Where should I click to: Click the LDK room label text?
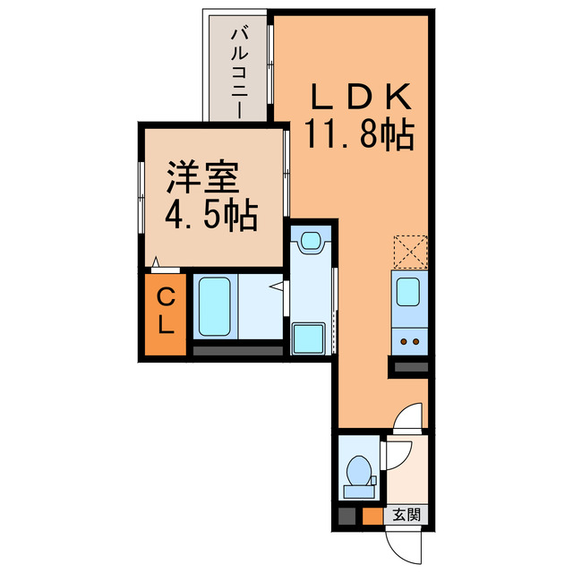(x=359, y=96)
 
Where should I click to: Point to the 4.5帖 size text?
(x=210, y=215)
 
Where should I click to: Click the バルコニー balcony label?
(x=239, y=71)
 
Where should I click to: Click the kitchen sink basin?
(x=407, y=291)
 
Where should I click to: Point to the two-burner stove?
(x=410, y=341)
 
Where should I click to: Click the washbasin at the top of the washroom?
(x=310, y=240)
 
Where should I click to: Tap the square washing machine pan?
(x=310, y=338)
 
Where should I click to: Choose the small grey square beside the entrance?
(x=347, y=516)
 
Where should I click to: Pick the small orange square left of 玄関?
(x=372, y=516)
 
